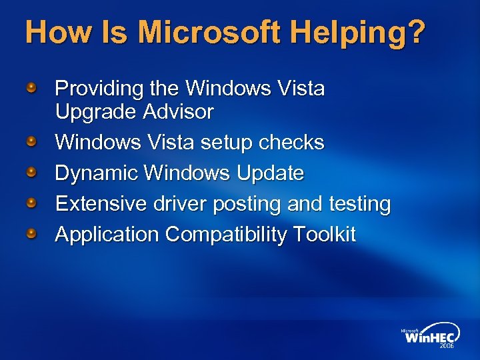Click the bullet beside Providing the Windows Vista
click(31, 87)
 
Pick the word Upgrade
click(95, 112)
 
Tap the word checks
click(295, 142)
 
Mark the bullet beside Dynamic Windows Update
click(31, 173)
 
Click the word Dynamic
click(97, 173)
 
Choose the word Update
click(270, 173)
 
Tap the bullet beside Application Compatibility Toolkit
click(31, 233)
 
